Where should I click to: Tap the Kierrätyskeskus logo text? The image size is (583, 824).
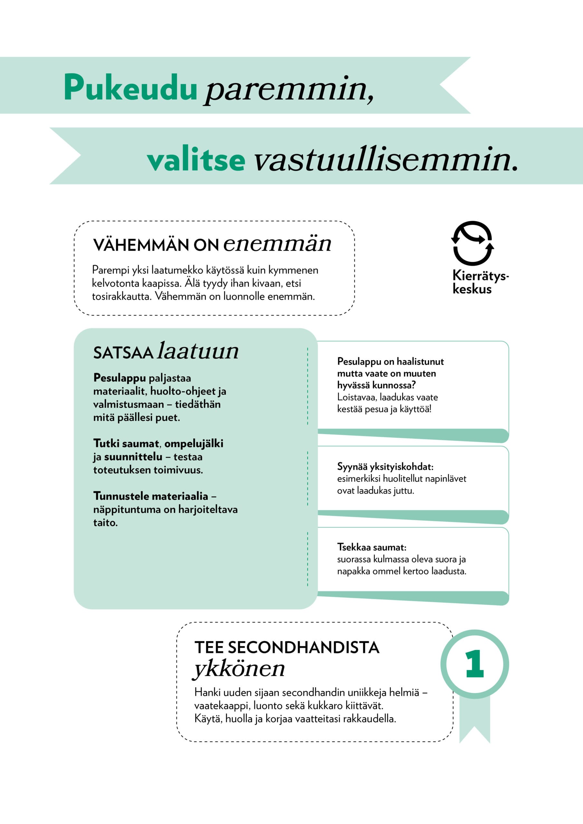(x=480, y=282)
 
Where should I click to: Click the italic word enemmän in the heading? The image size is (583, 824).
(x=277, y=244)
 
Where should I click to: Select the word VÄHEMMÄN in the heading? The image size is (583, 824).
(x=141, y=245)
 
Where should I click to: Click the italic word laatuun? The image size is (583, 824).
(x=198, y=351)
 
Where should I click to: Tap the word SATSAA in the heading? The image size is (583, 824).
(x=123, y=353)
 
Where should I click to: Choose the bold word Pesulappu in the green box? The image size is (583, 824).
(x=119, y=378)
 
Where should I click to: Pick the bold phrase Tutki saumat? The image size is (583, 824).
(x=126, y=444)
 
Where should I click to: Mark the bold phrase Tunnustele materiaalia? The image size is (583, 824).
(x=150, y=496)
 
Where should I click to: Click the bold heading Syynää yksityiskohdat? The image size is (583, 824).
(x=385, y=466)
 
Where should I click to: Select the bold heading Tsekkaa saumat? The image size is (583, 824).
(x=371, y=547)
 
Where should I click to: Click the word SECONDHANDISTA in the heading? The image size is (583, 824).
(x=303, y=647)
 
